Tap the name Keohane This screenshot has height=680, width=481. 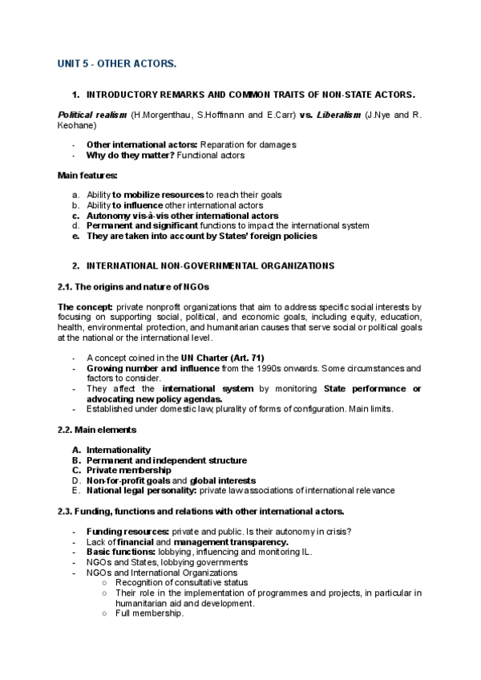coord(76,126)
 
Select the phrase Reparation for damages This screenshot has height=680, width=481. coord(249,144)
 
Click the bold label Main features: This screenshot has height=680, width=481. coord(87,175)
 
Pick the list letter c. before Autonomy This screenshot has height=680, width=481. coord(75,216)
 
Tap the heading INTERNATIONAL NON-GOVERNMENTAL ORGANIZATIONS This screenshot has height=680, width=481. coord(210,265)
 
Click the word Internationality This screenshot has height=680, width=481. coord(118,450)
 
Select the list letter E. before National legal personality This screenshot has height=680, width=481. coord(75,490)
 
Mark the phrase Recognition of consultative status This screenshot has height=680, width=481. coord(181,583)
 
